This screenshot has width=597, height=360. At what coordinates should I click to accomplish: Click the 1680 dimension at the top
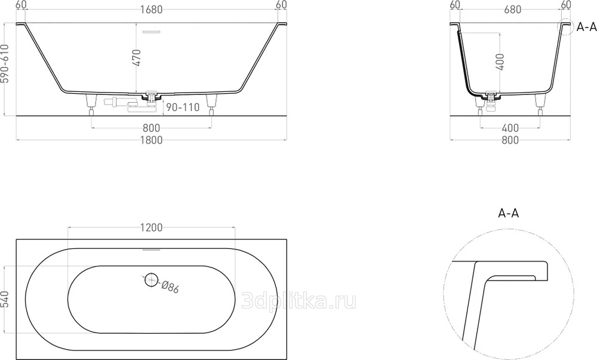[x=151, y=10]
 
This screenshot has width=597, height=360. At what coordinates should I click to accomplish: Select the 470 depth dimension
[x=137, y=57]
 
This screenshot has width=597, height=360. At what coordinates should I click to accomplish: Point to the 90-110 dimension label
[x=183, y=107]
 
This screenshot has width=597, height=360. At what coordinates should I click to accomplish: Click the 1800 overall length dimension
[x=151, y=140]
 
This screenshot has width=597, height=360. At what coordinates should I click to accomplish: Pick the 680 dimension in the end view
[x=512, y=10]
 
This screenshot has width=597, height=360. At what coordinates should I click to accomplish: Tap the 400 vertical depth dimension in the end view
[x=500, y=61]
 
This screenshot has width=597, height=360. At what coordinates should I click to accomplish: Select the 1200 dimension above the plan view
[x=151, y=227]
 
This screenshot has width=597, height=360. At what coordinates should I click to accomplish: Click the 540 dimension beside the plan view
[x=5, y=300]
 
